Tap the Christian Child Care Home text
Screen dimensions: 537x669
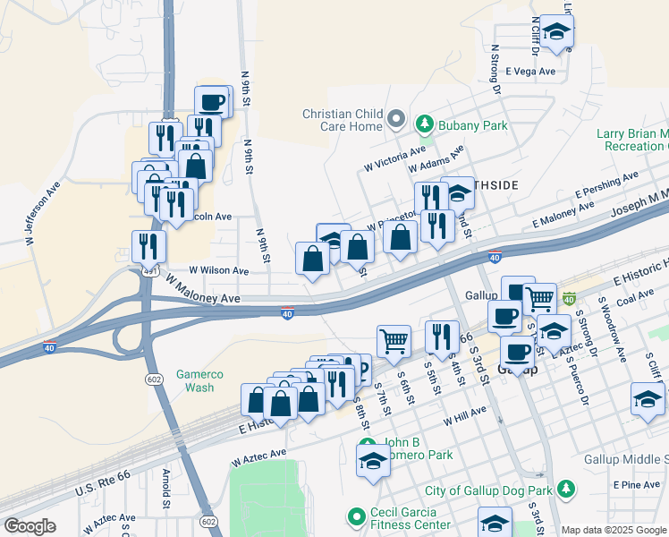(343, 120)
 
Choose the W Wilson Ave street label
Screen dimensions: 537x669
(218, 270)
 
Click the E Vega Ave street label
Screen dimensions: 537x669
(530, 72)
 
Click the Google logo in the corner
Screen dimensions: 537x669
(30, 526)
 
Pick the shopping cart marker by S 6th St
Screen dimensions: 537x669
(394, 340)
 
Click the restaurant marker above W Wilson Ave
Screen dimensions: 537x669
(148, 245)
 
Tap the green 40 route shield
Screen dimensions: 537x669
(569, 298)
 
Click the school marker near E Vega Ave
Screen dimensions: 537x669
(557, 31)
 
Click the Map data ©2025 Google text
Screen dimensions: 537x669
(614, 530)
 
